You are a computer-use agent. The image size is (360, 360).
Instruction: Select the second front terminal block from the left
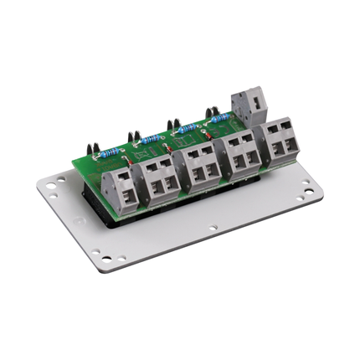159,178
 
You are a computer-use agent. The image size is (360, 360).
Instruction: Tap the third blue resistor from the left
189,127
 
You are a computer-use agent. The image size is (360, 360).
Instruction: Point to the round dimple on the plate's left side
80,222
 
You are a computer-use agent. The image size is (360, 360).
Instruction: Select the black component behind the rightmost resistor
208,110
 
